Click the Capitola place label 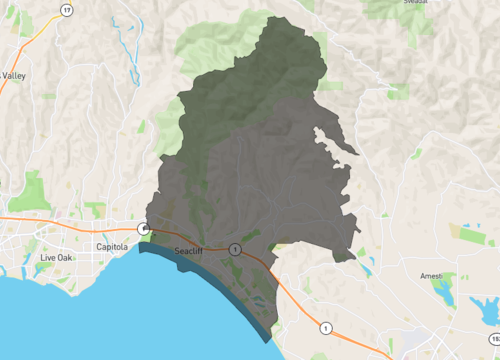[x=112, y=245]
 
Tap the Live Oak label [x=57, y=258]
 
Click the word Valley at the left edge [x=14, y=75]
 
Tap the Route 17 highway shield [x=66, y=11]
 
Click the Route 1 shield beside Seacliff [x=234, y=248]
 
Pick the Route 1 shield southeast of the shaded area [x=326, y=327]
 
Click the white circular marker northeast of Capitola [x=144, y=230]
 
